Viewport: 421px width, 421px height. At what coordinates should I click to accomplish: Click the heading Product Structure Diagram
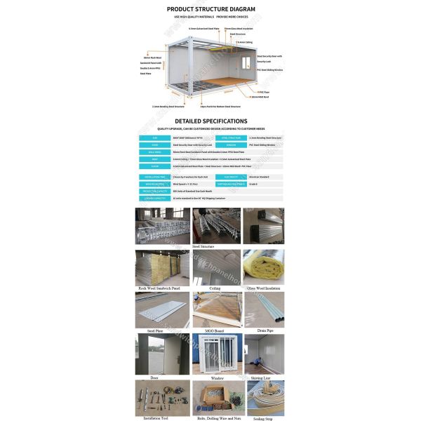click(210, 9)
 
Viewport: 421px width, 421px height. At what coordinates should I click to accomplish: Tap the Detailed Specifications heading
click(210, 121)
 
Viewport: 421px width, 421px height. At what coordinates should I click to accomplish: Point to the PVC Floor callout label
click(265, 92)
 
